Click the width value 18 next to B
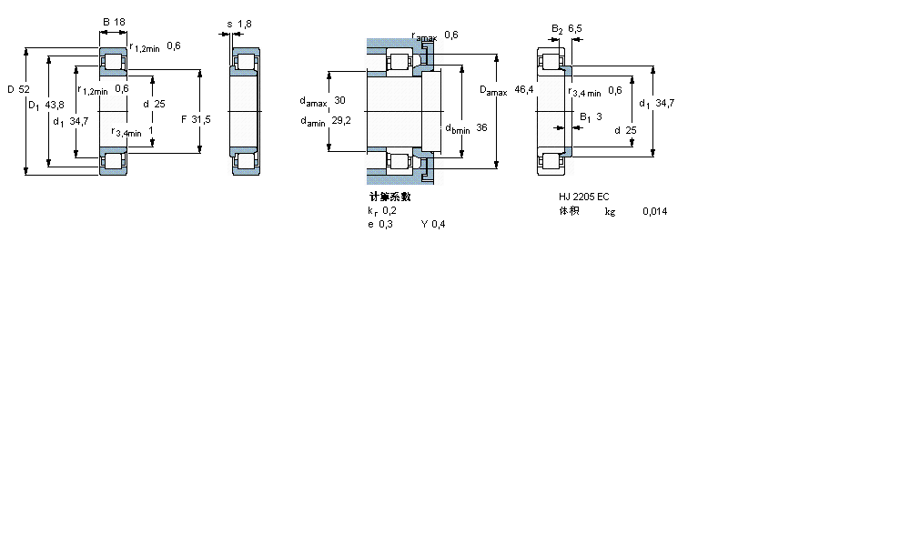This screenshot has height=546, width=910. click(119, 21)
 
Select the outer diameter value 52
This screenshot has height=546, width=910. click(24, 89)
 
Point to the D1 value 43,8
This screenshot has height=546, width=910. click(55, 106)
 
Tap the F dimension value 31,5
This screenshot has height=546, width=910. click(200, 120)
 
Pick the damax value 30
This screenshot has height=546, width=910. click(340, 100)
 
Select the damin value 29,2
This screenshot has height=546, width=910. click(339, 120)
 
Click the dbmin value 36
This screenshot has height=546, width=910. click(481, 128)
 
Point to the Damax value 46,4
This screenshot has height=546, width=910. click(524, 89)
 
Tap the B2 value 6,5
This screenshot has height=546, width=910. click(574, 29)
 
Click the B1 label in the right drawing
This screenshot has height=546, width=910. click(585, 116)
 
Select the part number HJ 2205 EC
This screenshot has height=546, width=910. click(584, 197)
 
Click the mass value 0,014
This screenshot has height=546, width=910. click(654, 211)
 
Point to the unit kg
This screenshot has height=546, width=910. click(610, 211)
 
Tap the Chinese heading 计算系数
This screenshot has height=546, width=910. click(389, 197)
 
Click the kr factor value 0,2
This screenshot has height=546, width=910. click(389, 211)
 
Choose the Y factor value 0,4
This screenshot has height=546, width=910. click(439, 225)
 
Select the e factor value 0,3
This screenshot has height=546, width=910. click(387, 225)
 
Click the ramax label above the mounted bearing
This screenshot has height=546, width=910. click(424, 36)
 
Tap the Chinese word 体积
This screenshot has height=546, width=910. click(569, 211)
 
